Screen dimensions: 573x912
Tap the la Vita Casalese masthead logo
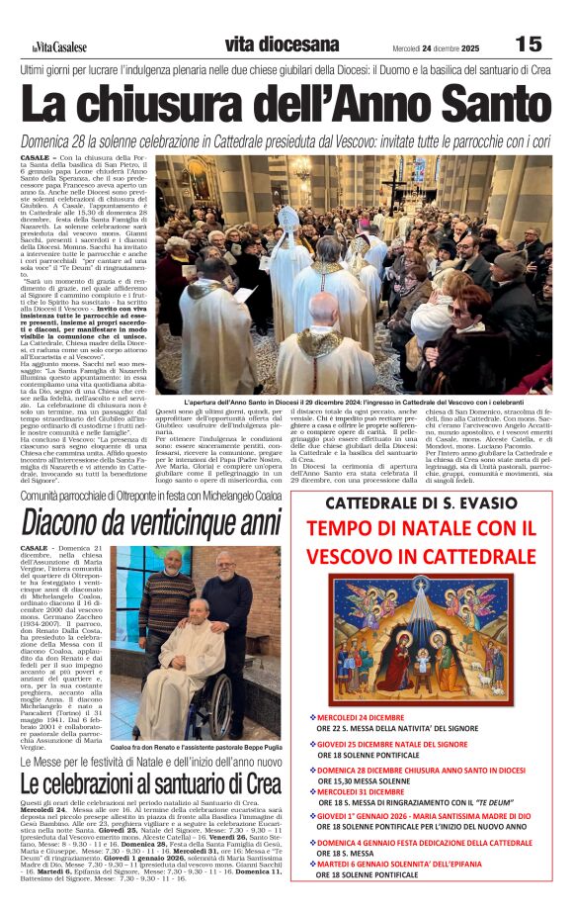click(x=58, y=46)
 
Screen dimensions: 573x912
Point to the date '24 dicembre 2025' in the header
click(x=457, y=46)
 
